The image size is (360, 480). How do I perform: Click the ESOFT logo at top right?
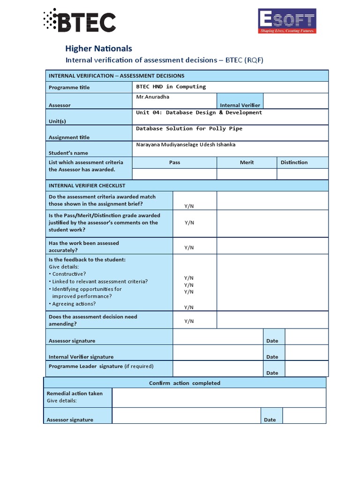[x=287, y=22]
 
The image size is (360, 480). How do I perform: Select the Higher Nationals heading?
[x=98, y=48]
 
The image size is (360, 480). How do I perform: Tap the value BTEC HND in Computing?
[x=171, y=87]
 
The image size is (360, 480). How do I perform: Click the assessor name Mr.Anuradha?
[x=152, y=97]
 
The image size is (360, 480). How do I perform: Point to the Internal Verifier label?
[x=240, y=105]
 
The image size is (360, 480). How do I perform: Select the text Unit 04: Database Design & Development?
[x=199, y=112]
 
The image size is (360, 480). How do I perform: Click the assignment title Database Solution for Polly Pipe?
[x=189, y=128]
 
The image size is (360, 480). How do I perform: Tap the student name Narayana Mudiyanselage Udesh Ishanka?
[x=186, y=144]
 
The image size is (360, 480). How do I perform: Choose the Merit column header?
[x=247, y=162]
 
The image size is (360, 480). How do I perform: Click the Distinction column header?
[x=294, y=162]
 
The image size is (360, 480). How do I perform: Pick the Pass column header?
[x=174, y=162]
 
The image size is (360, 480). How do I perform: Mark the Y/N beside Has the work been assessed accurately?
[x=189, y=247]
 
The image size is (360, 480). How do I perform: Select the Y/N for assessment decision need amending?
[x=189, y=321]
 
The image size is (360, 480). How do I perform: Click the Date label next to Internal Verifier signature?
[x=272, y=357]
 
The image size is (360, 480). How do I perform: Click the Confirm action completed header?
[x=184, y=383]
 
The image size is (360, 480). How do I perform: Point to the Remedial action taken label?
[x=75, y=393]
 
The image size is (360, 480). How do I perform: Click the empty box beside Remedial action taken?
[x=218, y=397]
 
